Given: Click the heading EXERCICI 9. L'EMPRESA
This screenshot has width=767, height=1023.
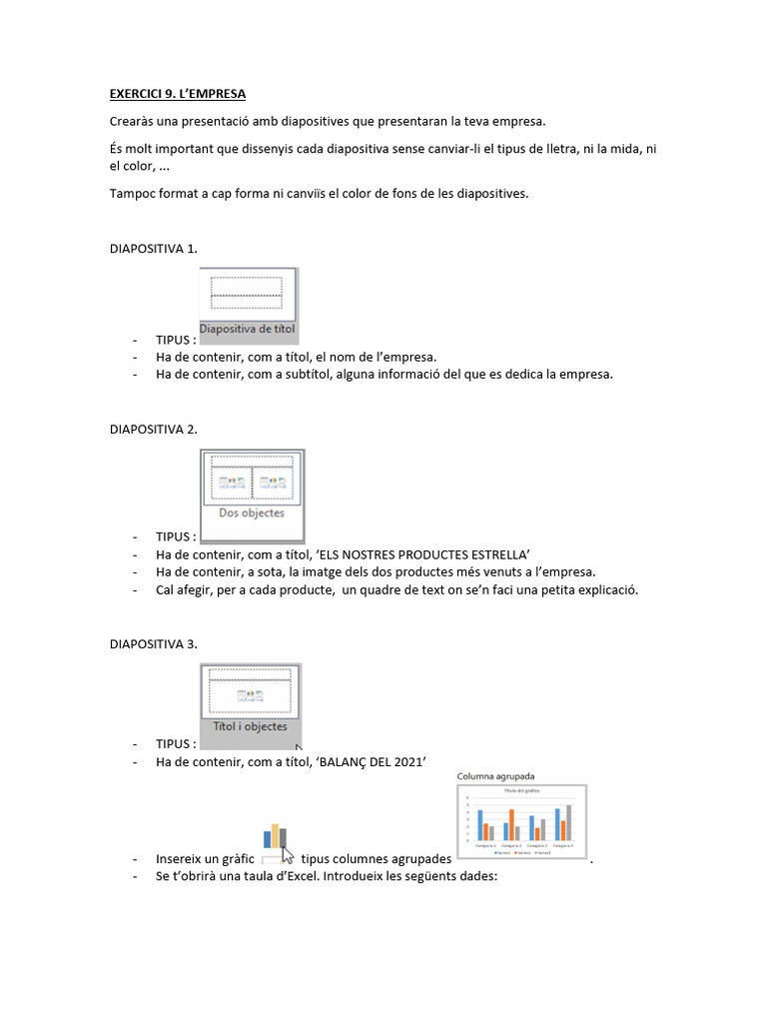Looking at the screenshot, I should [x=177, y=95].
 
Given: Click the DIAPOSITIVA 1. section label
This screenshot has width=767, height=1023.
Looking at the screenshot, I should [x=153, y=248].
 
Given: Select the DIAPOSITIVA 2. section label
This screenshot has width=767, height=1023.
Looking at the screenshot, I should [x=153, y=429].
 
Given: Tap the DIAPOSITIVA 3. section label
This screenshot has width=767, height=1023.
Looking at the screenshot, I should [x=153, y=643].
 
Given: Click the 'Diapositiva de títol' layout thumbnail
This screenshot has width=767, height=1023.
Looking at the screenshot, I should [x=248, y=305].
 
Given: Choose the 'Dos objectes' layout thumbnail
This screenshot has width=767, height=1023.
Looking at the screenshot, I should [x=252, y=495].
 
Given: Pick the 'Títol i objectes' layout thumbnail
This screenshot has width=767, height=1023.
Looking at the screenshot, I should [x=250, y=704].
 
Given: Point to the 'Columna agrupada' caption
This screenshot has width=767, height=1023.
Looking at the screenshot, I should [x=496, y=775].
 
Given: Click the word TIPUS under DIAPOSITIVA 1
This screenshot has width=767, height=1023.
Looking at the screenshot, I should [x=175, y=340].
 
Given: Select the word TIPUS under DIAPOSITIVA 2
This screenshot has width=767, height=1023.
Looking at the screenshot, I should [x=175, y=536].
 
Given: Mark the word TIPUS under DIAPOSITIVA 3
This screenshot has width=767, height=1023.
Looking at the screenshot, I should [x=175, y=744].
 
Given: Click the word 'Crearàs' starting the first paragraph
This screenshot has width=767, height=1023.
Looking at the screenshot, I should [x=133, y=122].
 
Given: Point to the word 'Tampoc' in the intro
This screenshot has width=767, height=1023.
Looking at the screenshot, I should [x=132, y=194].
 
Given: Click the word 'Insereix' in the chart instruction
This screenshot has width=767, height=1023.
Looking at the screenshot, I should [x=181, y=860].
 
